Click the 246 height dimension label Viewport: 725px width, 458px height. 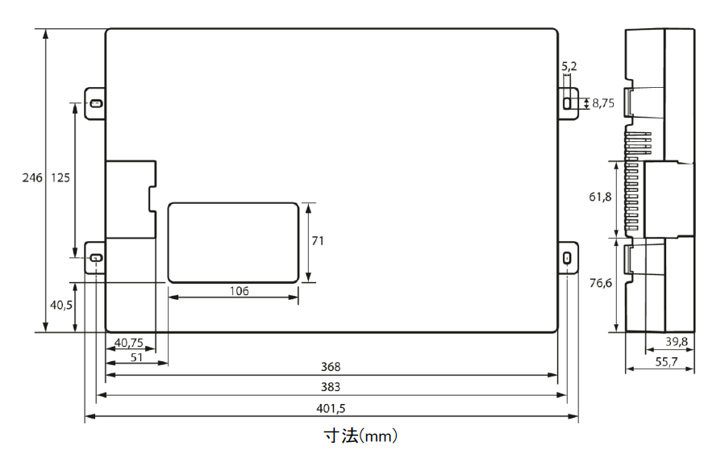[x=32, y=177]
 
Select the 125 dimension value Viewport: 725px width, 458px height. [x=60, y=177]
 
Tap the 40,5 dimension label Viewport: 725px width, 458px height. [x=61, y=305]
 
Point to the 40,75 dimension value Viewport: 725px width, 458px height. [x=129, y=343]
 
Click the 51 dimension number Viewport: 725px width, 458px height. [x=136, y=357]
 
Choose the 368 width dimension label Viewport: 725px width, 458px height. [x=331, y=367]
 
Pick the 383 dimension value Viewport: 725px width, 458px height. [x=331, y=387]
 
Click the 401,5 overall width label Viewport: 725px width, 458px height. [x=331, y=409]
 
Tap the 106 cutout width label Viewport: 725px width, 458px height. [x=239, y=291]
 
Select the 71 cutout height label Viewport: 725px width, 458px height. [x=318, y=241]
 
